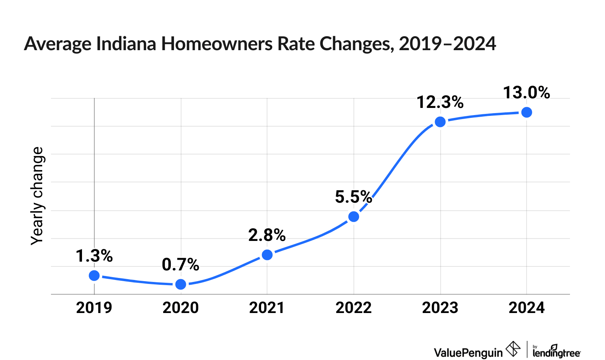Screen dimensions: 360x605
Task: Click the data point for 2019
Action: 94,276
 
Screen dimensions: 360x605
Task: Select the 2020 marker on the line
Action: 181,284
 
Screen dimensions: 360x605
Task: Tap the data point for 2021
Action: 267,255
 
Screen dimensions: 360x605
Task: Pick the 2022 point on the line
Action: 353,217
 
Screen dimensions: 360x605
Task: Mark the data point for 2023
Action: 440,122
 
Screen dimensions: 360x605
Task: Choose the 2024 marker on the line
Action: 527,112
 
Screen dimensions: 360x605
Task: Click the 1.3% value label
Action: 94,256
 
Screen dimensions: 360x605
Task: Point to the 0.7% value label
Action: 181,264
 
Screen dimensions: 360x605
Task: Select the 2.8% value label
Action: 267,235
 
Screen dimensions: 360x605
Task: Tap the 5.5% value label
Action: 353,197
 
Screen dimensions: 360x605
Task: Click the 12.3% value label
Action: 440,102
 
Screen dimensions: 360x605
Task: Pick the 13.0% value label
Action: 527,93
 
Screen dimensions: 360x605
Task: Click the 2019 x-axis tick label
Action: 94,308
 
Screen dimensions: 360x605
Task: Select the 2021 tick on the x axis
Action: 267,308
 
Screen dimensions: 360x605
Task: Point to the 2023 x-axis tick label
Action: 440,308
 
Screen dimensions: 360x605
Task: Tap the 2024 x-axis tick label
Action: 527,308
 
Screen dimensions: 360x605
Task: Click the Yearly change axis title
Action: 37,196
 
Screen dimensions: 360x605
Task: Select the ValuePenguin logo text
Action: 468,352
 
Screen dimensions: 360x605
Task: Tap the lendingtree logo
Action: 556,351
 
